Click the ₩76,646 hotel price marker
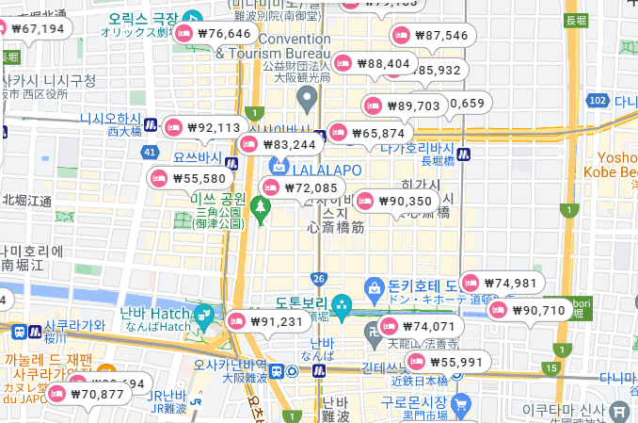tap(214, 34)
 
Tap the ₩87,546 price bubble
tap(431, 36)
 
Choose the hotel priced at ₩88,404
tap(375, 64)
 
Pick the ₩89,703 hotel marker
tap(404, 106)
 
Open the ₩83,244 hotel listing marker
tap(279, 144)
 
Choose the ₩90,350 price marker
tap(395, 201)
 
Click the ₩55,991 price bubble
tap(446, 362)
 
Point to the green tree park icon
tap(262, 204)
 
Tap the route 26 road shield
tap(319, 278)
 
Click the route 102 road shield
tap(597, 100)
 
